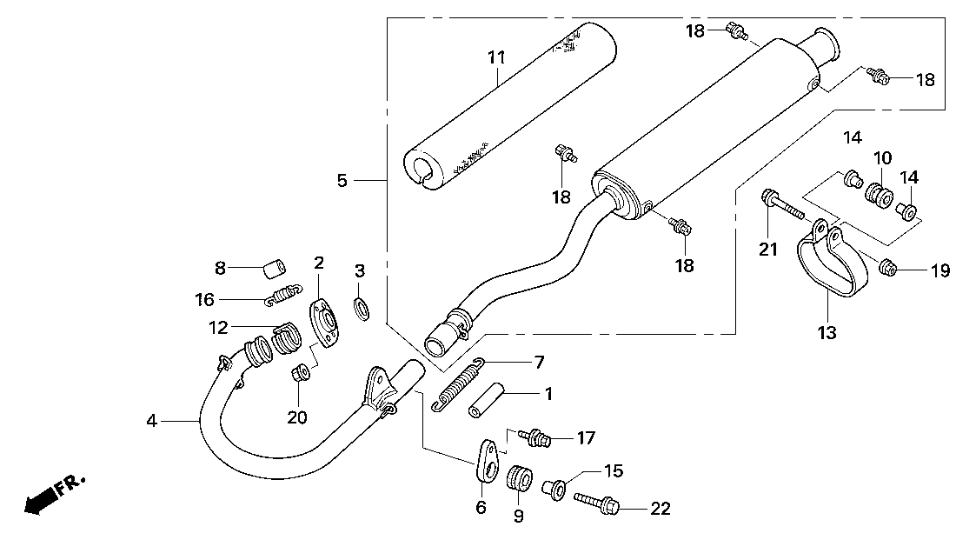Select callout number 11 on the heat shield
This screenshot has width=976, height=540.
pyautogui.click(x=495, y=58)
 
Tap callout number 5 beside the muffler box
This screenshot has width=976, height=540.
pyautogui.click(x=342, y=181)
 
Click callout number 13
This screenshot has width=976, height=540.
pyautogui.click(x=826, y=332)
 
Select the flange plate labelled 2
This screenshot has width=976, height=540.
pyautogui.click(x=323, y=323)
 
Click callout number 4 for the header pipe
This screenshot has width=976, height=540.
pyautogui.click(x=152, y=422)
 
